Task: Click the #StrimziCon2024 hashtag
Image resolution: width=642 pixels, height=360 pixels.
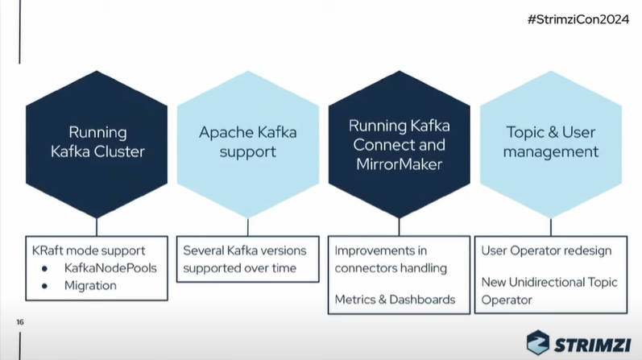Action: (x=578, y=19)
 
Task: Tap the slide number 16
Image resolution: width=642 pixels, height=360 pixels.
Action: (x=20, y=322)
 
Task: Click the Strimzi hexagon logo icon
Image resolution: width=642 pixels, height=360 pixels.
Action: (x=537, y=342)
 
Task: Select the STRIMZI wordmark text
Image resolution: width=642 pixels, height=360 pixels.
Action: (x=592, y=345)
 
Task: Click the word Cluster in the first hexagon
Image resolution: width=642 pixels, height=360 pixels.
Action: (x=119, y=151)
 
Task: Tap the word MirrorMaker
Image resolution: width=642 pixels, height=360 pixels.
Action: (x=400, y=164)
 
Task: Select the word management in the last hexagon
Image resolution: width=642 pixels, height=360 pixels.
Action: (x=551, y=152)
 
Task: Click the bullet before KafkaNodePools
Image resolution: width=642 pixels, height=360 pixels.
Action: (x=44, y=269)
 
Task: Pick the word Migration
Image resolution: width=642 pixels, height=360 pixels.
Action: (x=90, y=285)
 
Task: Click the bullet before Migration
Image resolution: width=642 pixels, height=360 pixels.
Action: (x=44, y=286)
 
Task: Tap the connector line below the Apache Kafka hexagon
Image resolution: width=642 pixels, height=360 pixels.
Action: (x=248, y=227)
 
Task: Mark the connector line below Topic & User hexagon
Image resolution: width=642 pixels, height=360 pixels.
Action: (x=551, y=227)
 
